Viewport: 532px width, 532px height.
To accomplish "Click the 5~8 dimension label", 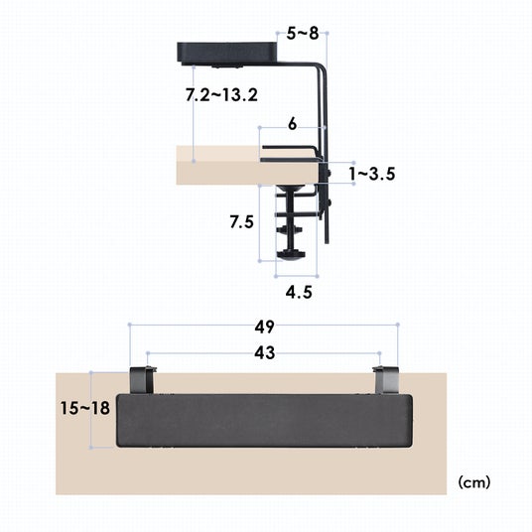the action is click(x=303, y=34).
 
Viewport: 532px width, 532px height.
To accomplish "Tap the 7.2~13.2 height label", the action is click(x=221, y=94).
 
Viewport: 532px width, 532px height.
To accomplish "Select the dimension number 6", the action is click(x=292, y=124).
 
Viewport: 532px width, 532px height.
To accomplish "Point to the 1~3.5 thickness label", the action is click(x=372, y=174).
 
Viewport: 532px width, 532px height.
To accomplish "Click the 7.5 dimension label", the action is click(x=241, y=222).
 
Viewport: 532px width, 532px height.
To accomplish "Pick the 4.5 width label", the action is click(x=299, y=292).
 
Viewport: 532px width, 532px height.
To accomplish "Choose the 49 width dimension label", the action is click(x=264, y=327).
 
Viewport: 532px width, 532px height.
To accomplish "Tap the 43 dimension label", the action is click(x=264, y=353).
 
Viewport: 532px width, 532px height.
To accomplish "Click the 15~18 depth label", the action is click(x=84, y=408).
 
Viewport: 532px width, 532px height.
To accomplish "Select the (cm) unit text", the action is click(x=474, y=481).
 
